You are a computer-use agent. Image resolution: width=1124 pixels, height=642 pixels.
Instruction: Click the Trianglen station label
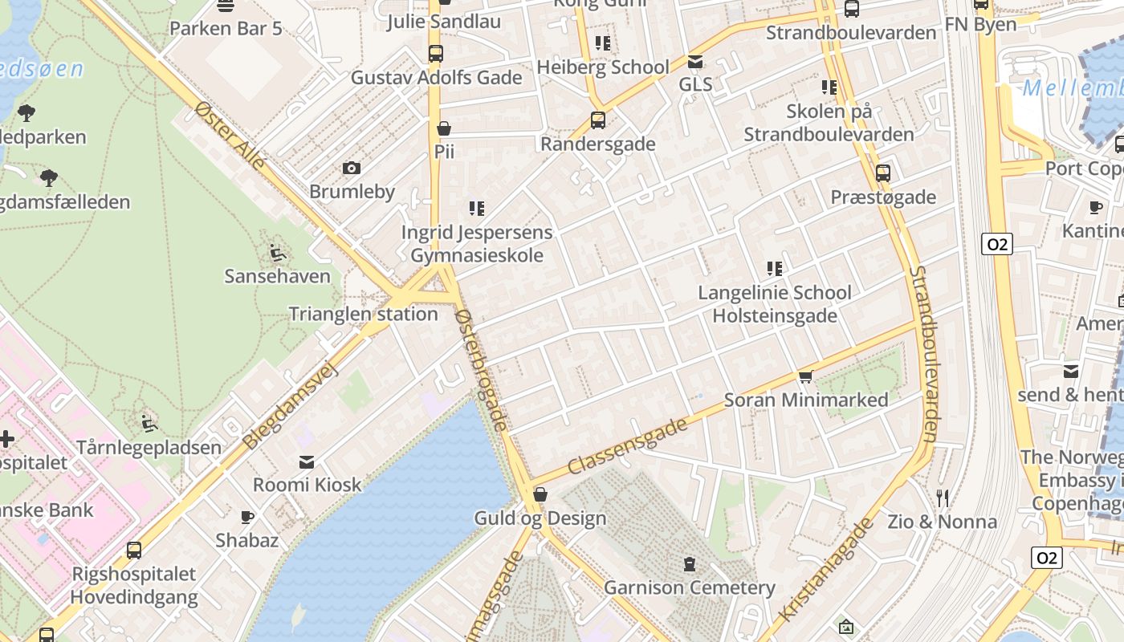point(363,314)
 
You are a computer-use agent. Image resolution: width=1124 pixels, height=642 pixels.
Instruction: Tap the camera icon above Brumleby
point(351,168)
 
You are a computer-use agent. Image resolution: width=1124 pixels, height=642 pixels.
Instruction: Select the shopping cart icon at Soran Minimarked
point(805,376)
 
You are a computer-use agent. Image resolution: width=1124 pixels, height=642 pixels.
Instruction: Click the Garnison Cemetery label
point(689,587)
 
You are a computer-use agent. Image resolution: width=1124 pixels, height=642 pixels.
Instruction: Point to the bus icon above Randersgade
point(597,120)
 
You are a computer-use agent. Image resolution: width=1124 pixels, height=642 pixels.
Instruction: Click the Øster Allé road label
point(230,136)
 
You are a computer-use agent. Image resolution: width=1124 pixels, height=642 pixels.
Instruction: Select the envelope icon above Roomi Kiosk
point(307,461)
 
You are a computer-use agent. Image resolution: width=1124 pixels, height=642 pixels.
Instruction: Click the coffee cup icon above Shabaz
point(247,517)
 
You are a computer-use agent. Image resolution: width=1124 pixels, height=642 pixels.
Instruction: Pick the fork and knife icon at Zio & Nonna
point(943,498)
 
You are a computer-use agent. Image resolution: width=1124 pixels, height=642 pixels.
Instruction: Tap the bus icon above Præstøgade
point(882,173)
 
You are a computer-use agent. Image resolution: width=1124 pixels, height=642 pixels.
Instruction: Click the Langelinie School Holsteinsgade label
point(775,304)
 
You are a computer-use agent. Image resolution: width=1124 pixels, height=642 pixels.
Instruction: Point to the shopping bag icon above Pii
point(443,128)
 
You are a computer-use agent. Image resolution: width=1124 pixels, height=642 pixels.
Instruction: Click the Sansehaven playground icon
point(277,253)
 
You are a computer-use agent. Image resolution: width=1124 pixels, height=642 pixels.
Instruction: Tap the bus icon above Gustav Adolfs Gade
point(435,54)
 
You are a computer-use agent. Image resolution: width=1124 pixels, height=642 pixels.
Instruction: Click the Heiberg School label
point(602,67)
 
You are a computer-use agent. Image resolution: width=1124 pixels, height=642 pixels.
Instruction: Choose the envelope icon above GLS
point(695,61)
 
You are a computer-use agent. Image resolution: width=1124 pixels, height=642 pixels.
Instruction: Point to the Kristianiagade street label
point(825,571)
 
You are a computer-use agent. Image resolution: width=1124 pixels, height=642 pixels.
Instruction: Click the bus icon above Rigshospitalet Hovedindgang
point(133,551)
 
